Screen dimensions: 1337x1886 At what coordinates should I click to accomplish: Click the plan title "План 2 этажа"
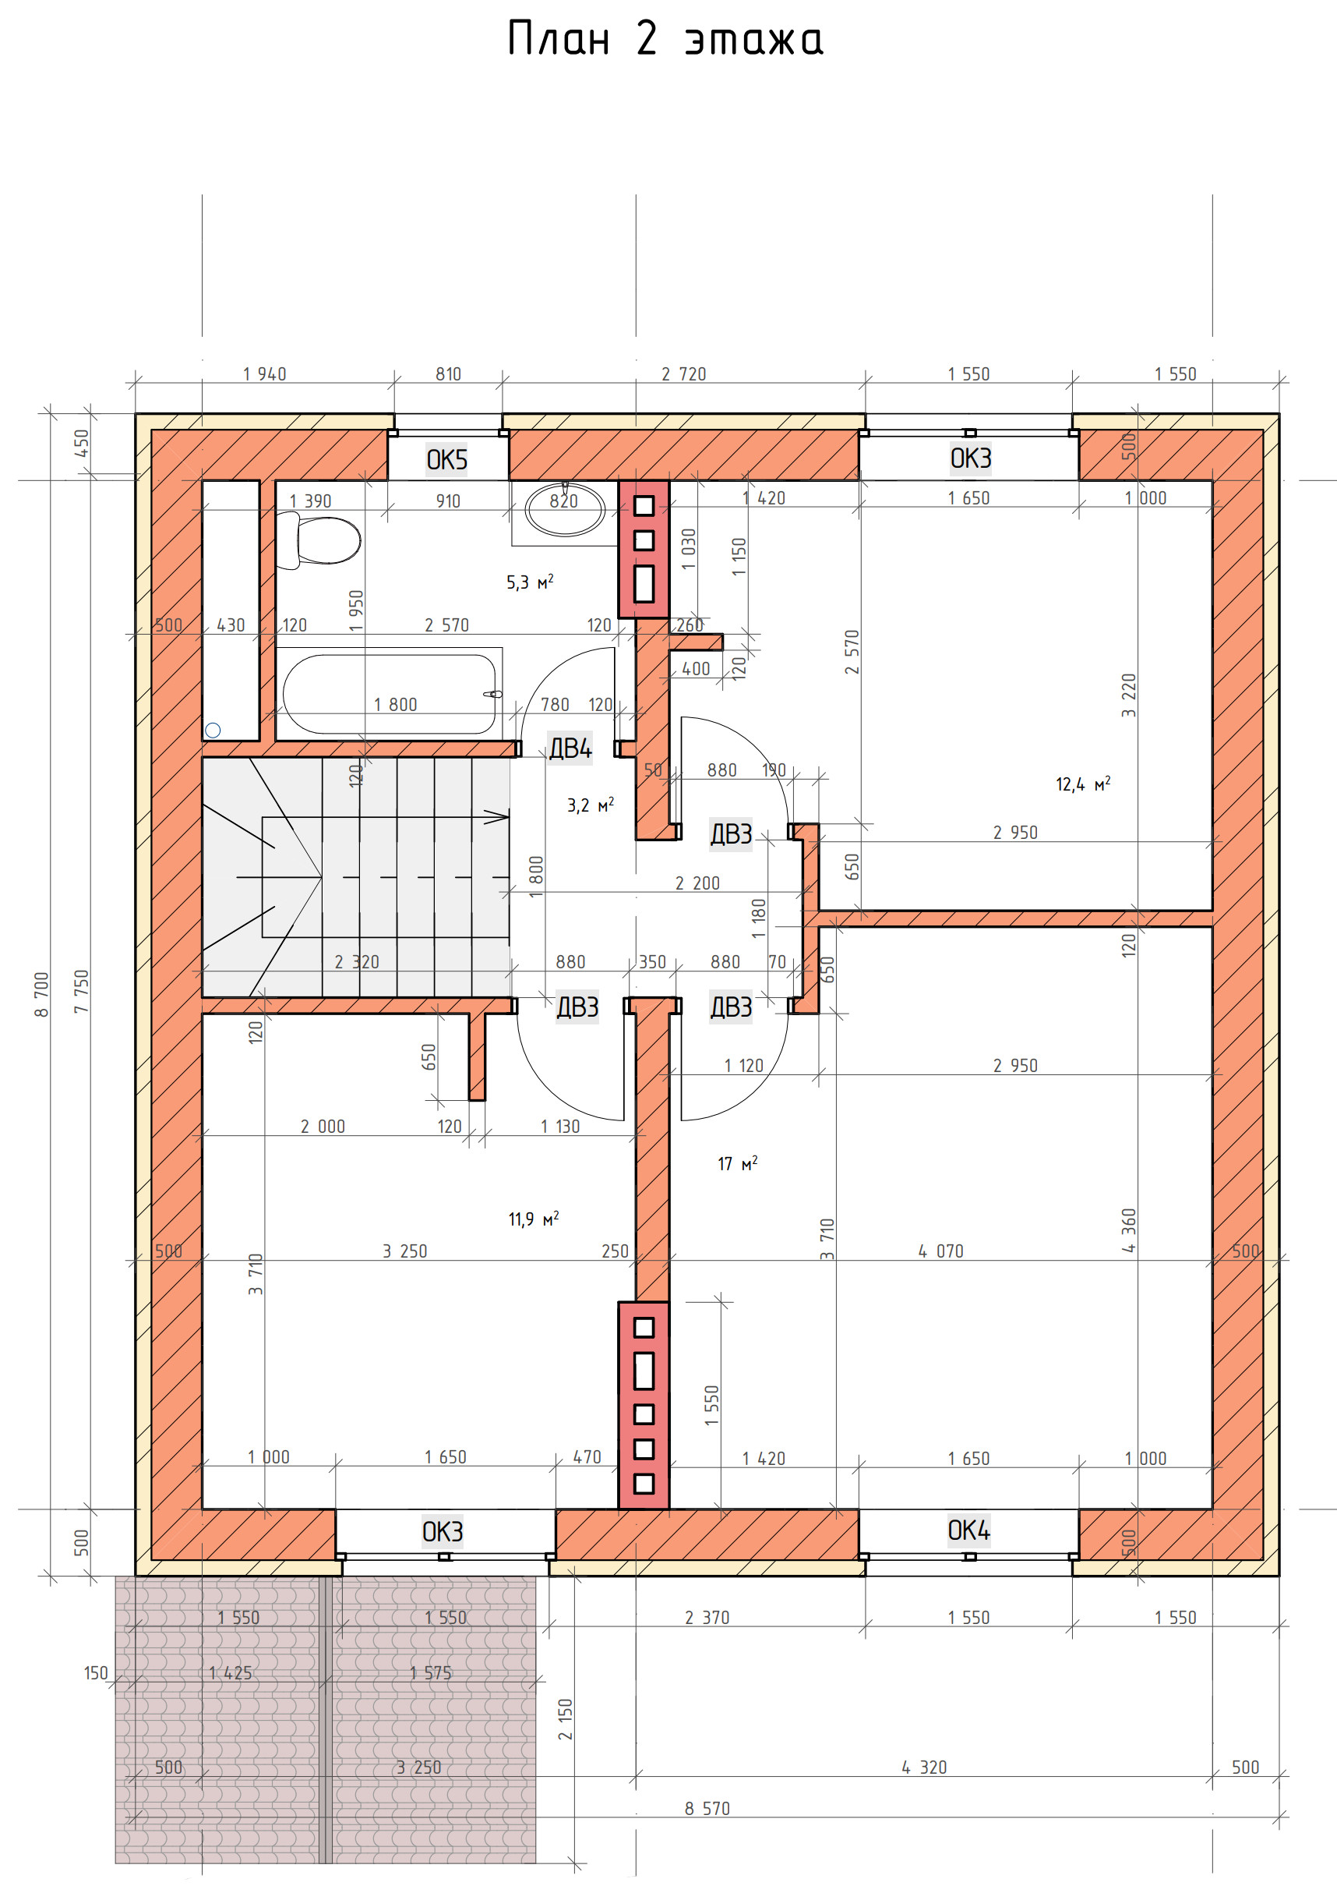[665, 40]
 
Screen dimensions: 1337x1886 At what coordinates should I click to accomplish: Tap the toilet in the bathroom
[318, 540]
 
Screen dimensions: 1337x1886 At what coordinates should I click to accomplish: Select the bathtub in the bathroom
[390, 693]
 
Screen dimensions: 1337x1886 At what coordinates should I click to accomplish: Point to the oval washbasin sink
[566, 511]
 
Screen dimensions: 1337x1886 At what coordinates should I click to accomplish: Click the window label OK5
[447, 459]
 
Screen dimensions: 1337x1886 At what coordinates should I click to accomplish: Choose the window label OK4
[969, 1530]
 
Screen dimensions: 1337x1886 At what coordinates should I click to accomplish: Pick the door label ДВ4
[570, 748]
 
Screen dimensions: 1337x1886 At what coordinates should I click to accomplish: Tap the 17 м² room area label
[738, 1163]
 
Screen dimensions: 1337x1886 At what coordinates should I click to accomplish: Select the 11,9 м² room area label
[534, 1218]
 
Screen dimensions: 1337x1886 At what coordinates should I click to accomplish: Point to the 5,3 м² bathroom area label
[530, 582]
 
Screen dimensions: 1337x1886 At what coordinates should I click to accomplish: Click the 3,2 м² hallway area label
[591, 805]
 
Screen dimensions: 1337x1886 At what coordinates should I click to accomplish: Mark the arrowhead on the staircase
[496, 817]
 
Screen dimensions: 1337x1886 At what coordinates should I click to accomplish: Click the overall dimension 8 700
[42, 994]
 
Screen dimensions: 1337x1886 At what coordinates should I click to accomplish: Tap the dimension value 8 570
[707, 1809]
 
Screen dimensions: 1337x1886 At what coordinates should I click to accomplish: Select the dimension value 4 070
[941, 1251]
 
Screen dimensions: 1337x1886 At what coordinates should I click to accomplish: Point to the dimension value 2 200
[697, 883]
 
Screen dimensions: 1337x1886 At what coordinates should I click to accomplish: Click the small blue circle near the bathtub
[213, 730]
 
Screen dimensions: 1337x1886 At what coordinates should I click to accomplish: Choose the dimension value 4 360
[1129, 1230]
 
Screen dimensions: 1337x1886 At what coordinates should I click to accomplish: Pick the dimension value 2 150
[565, 1719]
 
